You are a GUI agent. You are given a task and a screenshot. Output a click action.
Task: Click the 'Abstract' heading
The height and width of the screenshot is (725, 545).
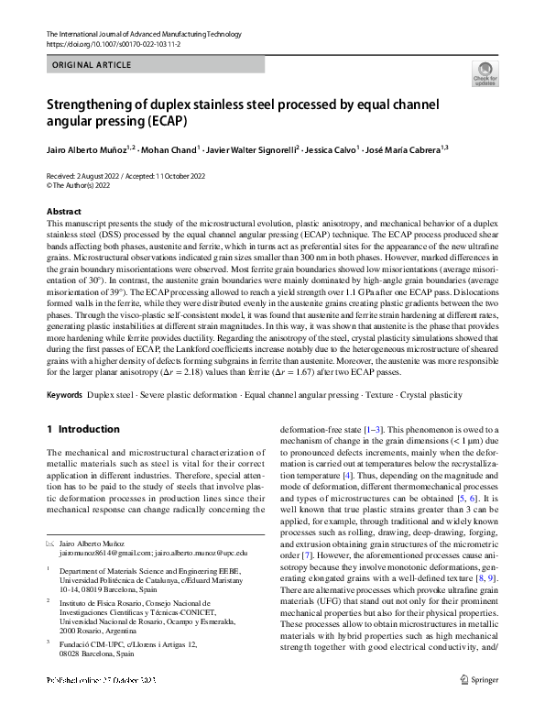63,211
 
